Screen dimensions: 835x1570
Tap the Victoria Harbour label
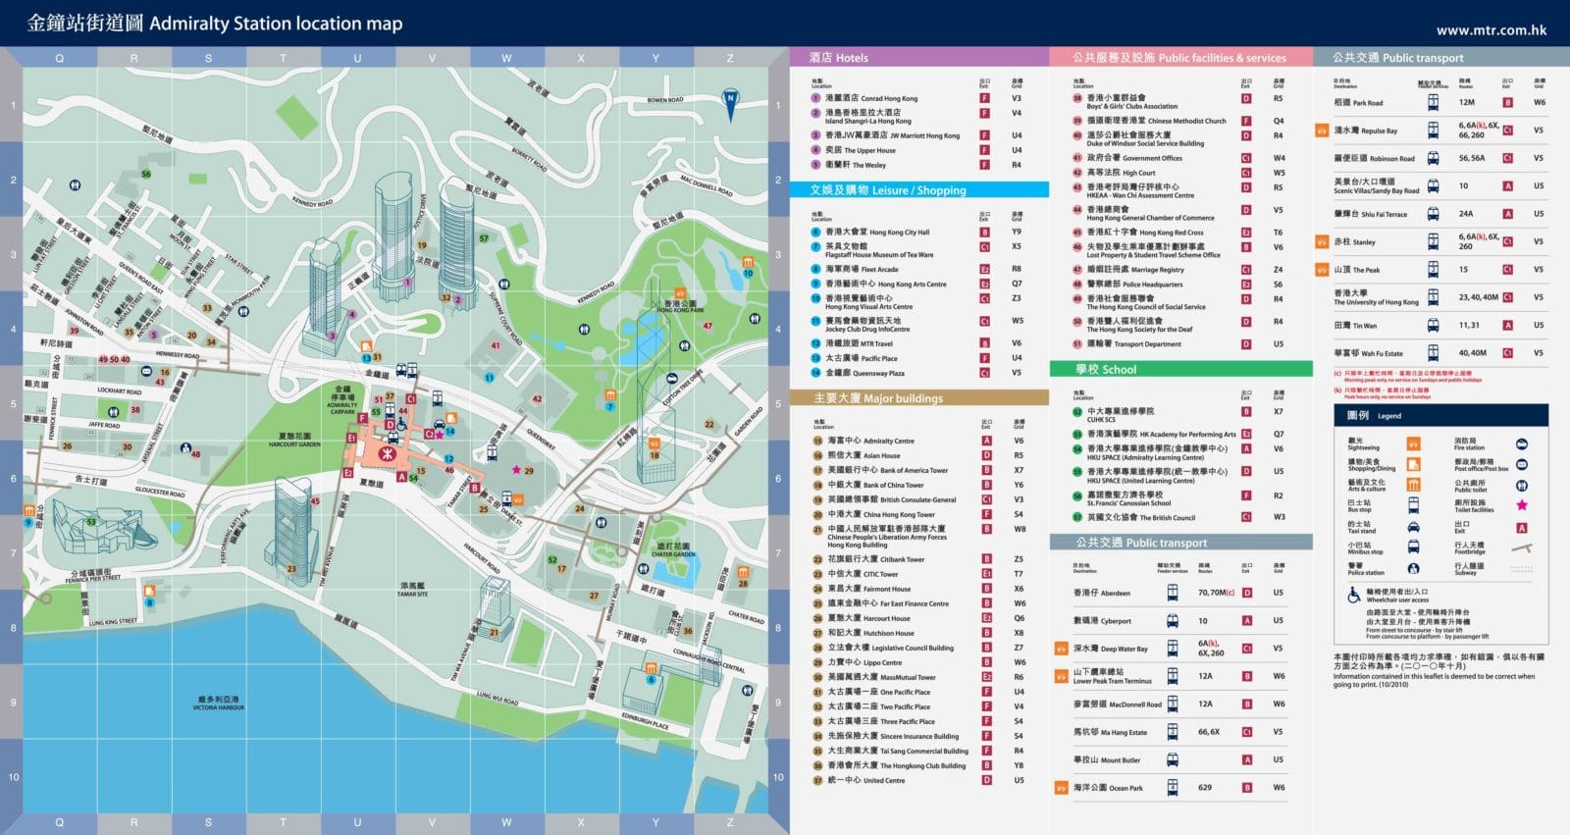pyautogui.click(x=218, y=704)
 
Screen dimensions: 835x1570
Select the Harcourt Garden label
pyautogui.click(x=294, y=439)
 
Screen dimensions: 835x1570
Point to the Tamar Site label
pyautogui.click(x=412, y=591)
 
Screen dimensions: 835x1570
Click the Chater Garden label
pyautogui.click(x=673, y=549)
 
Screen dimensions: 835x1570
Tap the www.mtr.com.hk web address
pyautogui.click(x=1491, y=29)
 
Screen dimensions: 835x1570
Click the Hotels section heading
pyautogui.click(x=839, y=58)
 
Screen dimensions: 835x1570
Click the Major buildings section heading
pyautogui.click(x=878, y=398)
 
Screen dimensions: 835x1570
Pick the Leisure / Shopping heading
pyautogui.click(x=888, y=190)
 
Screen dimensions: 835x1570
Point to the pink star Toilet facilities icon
pyautogui.click(x=1521, y=505)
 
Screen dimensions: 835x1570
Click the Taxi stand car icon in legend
pyautogui.click(x=1413, y=527)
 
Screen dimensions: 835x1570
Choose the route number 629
pyautogui.click(x=1205, y=787)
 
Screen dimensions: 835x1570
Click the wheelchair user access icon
pyautogui.click(x=1353, y=595)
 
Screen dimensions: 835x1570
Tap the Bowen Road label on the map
pyautogui.click(x=665, y=100)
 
